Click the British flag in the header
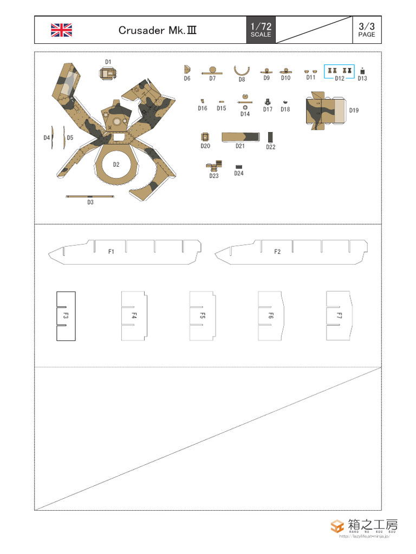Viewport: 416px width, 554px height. [61, 30]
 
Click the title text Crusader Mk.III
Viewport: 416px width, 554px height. [157, 30]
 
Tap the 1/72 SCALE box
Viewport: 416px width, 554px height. [261, 30]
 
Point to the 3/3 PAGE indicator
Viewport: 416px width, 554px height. [366, 30]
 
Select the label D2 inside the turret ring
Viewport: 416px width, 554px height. [116, 164]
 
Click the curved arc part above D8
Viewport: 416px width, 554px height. [242, 70]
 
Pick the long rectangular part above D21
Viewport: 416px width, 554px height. [240, 137]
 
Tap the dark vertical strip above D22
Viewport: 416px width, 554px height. [270, 137]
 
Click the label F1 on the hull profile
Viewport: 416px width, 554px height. [111, 252]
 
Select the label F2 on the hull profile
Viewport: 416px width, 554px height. [277, 252]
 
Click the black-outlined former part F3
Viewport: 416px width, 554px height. [66, 316]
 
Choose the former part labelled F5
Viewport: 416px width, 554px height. [202, 316]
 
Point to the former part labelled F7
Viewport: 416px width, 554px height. [340, 316]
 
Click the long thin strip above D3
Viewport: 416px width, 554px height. [90, 196]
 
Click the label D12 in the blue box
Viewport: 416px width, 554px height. [339, 78]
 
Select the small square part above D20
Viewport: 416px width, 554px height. [205, 137]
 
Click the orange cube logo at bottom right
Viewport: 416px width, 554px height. [337, 526]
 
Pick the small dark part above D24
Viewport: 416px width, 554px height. [239, 167]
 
